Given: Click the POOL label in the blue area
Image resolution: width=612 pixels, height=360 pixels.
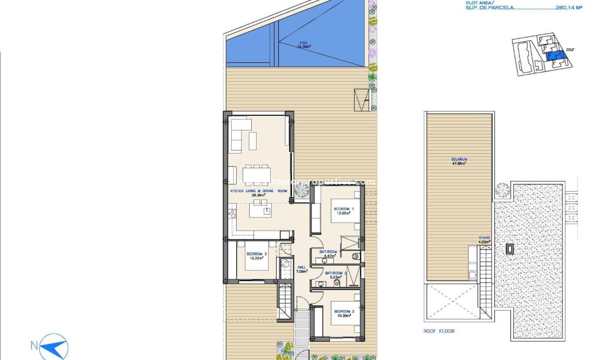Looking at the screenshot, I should pos(303,44).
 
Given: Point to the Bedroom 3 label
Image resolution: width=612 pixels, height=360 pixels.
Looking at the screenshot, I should pos(257,256).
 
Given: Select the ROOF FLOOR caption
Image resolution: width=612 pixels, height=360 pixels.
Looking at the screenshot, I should pos(439,331).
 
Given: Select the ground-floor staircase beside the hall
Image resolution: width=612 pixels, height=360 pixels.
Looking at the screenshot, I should pos(285,301).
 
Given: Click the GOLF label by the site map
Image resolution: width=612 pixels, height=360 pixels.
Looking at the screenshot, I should pos(570,50).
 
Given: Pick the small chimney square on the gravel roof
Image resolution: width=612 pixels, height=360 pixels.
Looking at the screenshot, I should pos(510,249).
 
